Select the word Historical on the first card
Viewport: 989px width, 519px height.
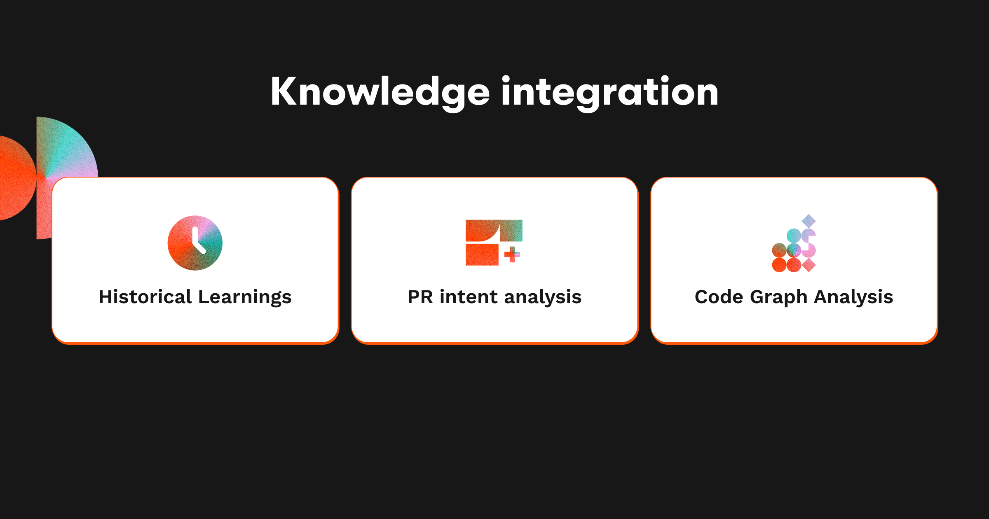pos(145,297)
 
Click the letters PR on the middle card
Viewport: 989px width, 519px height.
pos(420,297)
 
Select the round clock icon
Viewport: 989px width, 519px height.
pos(195,243)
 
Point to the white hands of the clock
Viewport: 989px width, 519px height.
pos(198,240)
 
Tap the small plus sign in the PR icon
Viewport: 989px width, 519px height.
pos(512,255)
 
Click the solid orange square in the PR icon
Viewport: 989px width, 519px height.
pos(482,255)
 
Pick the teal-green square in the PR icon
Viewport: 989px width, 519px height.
pos(511,231)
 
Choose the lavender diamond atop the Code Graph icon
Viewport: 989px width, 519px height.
pos(809,221)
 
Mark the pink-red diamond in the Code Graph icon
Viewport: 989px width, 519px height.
pos(809,265)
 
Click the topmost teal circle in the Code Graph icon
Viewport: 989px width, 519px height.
pos(794,236)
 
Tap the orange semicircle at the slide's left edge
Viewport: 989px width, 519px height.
pos(16,178)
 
